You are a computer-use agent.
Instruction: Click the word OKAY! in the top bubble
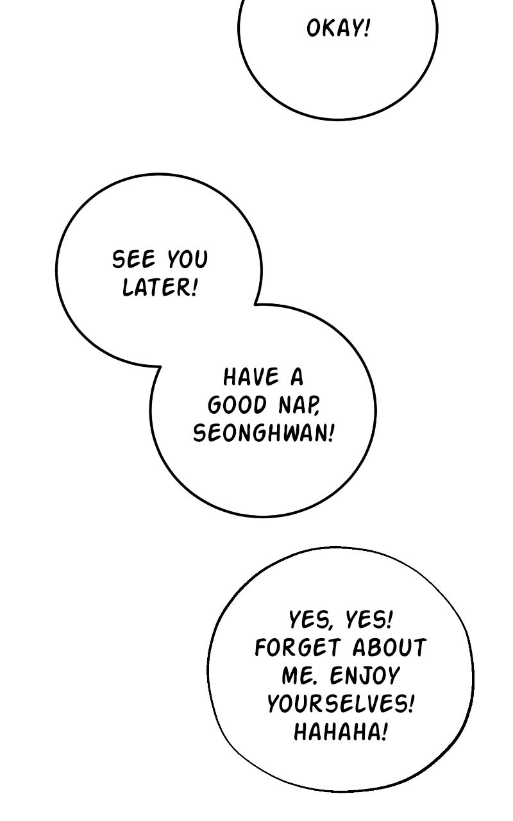338,28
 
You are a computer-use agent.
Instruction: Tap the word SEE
133,259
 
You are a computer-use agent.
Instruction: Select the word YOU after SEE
187,259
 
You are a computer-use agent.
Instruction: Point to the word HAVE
251,377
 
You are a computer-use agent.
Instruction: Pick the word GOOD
237,405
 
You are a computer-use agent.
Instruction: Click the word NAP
299,406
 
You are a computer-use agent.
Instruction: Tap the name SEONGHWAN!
264,433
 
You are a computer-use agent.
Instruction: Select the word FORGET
297,647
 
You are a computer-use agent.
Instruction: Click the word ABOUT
389,647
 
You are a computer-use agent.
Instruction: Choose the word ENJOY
364,675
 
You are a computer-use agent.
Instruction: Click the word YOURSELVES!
341,704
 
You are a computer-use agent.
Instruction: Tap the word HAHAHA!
341,732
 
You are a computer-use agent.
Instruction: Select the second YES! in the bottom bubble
369,620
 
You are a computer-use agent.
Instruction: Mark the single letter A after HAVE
297,377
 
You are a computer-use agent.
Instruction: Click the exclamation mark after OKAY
366,28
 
